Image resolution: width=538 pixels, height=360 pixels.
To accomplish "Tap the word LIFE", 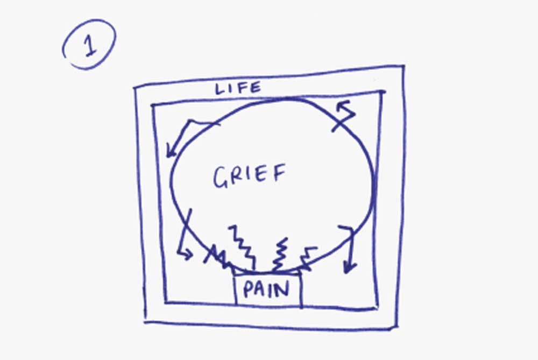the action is pyautogui.click(x=238, y=88).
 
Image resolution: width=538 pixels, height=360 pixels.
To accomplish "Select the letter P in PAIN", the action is pyautogui.click(x=247, y=291).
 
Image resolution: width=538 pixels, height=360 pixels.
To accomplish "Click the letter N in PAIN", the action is pyautogui.click(x=282, y=290).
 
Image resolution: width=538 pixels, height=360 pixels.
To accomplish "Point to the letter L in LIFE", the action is pyautogui.click(x=220, y=89).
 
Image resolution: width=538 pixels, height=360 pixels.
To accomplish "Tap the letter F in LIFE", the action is pyautogui.click(x=242, y=88).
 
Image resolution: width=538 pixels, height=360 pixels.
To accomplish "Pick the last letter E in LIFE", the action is pyautogui.click(x=254, y=87).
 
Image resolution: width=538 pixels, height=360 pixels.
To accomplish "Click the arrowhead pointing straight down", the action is pyautogui.click(x=350, y=267).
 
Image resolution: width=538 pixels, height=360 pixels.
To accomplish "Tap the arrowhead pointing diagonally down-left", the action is pyautogui.click(x=171, y=151).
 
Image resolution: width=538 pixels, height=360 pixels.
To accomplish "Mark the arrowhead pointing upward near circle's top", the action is pyautogui.click(x=342, y=105).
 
